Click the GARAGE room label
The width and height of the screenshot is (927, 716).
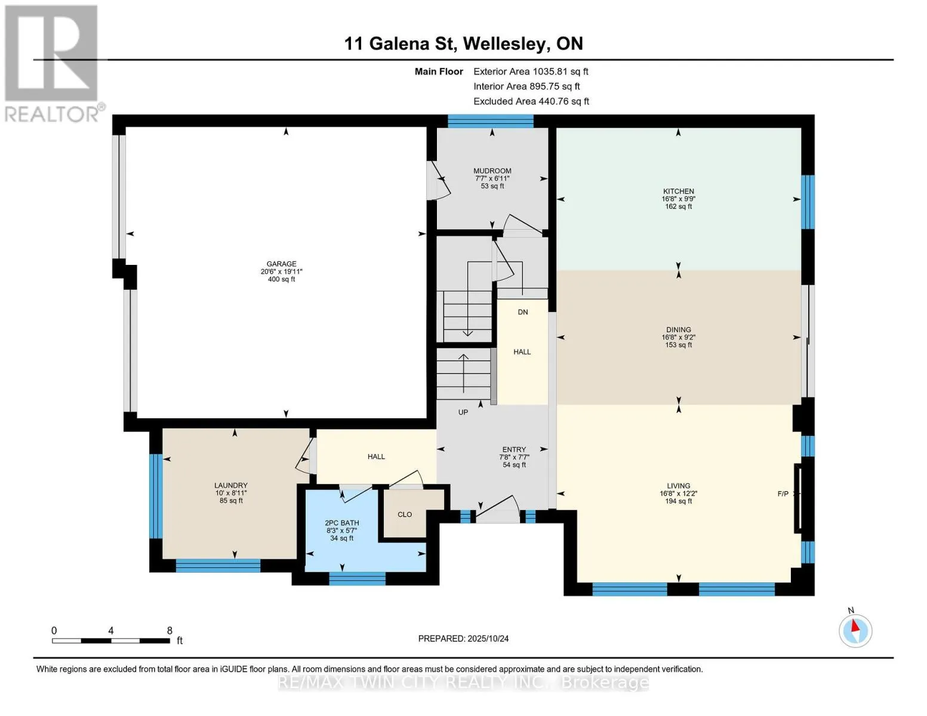282,264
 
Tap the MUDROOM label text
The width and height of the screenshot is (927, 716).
492,171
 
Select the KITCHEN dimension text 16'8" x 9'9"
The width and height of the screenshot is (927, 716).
679,199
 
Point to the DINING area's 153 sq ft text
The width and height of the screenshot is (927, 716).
679,345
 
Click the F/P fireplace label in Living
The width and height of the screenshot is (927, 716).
783,494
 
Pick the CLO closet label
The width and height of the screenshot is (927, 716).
405,514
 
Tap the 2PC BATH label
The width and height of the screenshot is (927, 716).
342,523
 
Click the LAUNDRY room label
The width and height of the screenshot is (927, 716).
231,485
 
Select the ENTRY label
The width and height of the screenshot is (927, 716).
514,449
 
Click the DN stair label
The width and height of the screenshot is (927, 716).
523,312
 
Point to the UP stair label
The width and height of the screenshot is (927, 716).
463,412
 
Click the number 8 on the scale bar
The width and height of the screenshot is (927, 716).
170,630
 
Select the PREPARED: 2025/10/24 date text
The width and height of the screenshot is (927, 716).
463,638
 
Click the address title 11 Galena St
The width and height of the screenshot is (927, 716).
400,44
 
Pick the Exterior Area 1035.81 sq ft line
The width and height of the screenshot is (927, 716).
531,72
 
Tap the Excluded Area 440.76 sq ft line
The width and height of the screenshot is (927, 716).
531,101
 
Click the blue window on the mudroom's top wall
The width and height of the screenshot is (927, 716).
491,121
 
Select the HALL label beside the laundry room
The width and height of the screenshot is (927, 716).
376,456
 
